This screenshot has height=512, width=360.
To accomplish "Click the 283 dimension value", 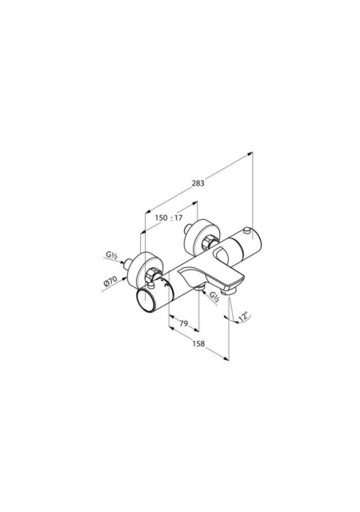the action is [x=198, y=183].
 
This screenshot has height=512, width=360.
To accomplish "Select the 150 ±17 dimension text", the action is [x=168, y=218].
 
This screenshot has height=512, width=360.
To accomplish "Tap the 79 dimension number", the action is [x=184, y=323].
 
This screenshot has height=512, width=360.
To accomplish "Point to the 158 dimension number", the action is [x=198, y=343].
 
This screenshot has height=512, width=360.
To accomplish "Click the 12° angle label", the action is [x=243, y=317].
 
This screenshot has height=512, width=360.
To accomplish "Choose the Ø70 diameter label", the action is [x=110, y=281].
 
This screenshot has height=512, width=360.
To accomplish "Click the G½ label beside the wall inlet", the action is [x=111, y=255].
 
